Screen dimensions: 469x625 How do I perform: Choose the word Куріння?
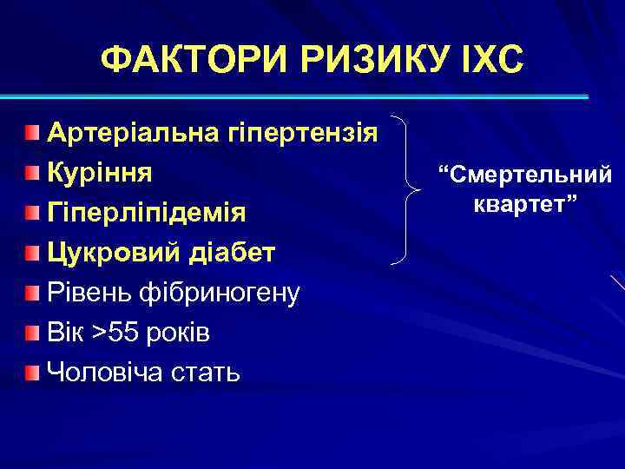pyautogui.click(x=99, y=172)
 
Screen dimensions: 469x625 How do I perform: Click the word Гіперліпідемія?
pyautogui.click(x=146, y=213)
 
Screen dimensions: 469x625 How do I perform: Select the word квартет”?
pyautogui.click(x=525, y=206)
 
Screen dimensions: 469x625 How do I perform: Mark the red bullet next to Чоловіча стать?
pyautogui.click(x=32, y=373)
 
